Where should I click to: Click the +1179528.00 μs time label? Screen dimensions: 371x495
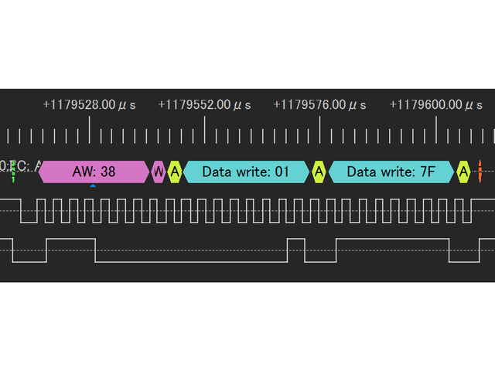[89, 105]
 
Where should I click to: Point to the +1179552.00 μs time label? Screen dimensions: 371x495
[205, 105]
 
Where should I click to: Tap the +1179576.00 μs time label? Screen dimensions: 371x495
[321, 105]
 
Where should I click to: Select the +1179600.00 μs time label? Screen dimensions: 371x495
[436, 105]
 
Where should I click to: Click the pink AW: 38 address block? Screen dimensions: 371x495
[94, 172]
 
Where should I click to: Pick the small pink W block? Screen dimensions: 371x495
[159, 172]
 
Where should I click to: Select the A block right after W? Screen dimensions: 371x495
[175, 172]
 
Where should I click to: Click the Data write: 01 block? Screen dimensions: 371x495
[245, 172]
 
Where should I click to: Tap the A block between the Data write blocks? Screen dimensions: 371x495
[319, 172]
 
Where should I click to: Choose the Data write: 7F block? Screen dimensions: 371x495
[391, 172]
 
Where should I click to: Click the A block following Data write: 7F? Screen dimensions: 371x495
[463, 172]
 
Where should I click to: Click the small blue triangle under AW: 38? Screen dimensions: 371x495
[93, 186]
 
